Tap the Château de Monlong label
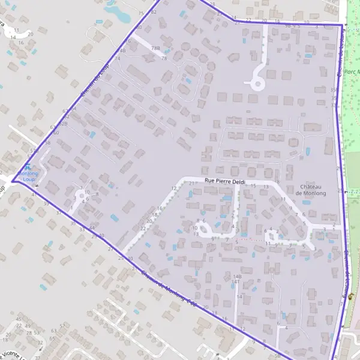coord(311,190)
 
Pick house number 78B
coord(156,48)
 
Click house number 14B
coord(236,276)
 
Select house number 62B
coord(62,123)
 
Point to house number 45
coord(19,319)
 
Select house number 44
coord(91,228)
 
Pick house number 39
coord(73,223)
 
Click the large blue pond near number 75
coord(117,12)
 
